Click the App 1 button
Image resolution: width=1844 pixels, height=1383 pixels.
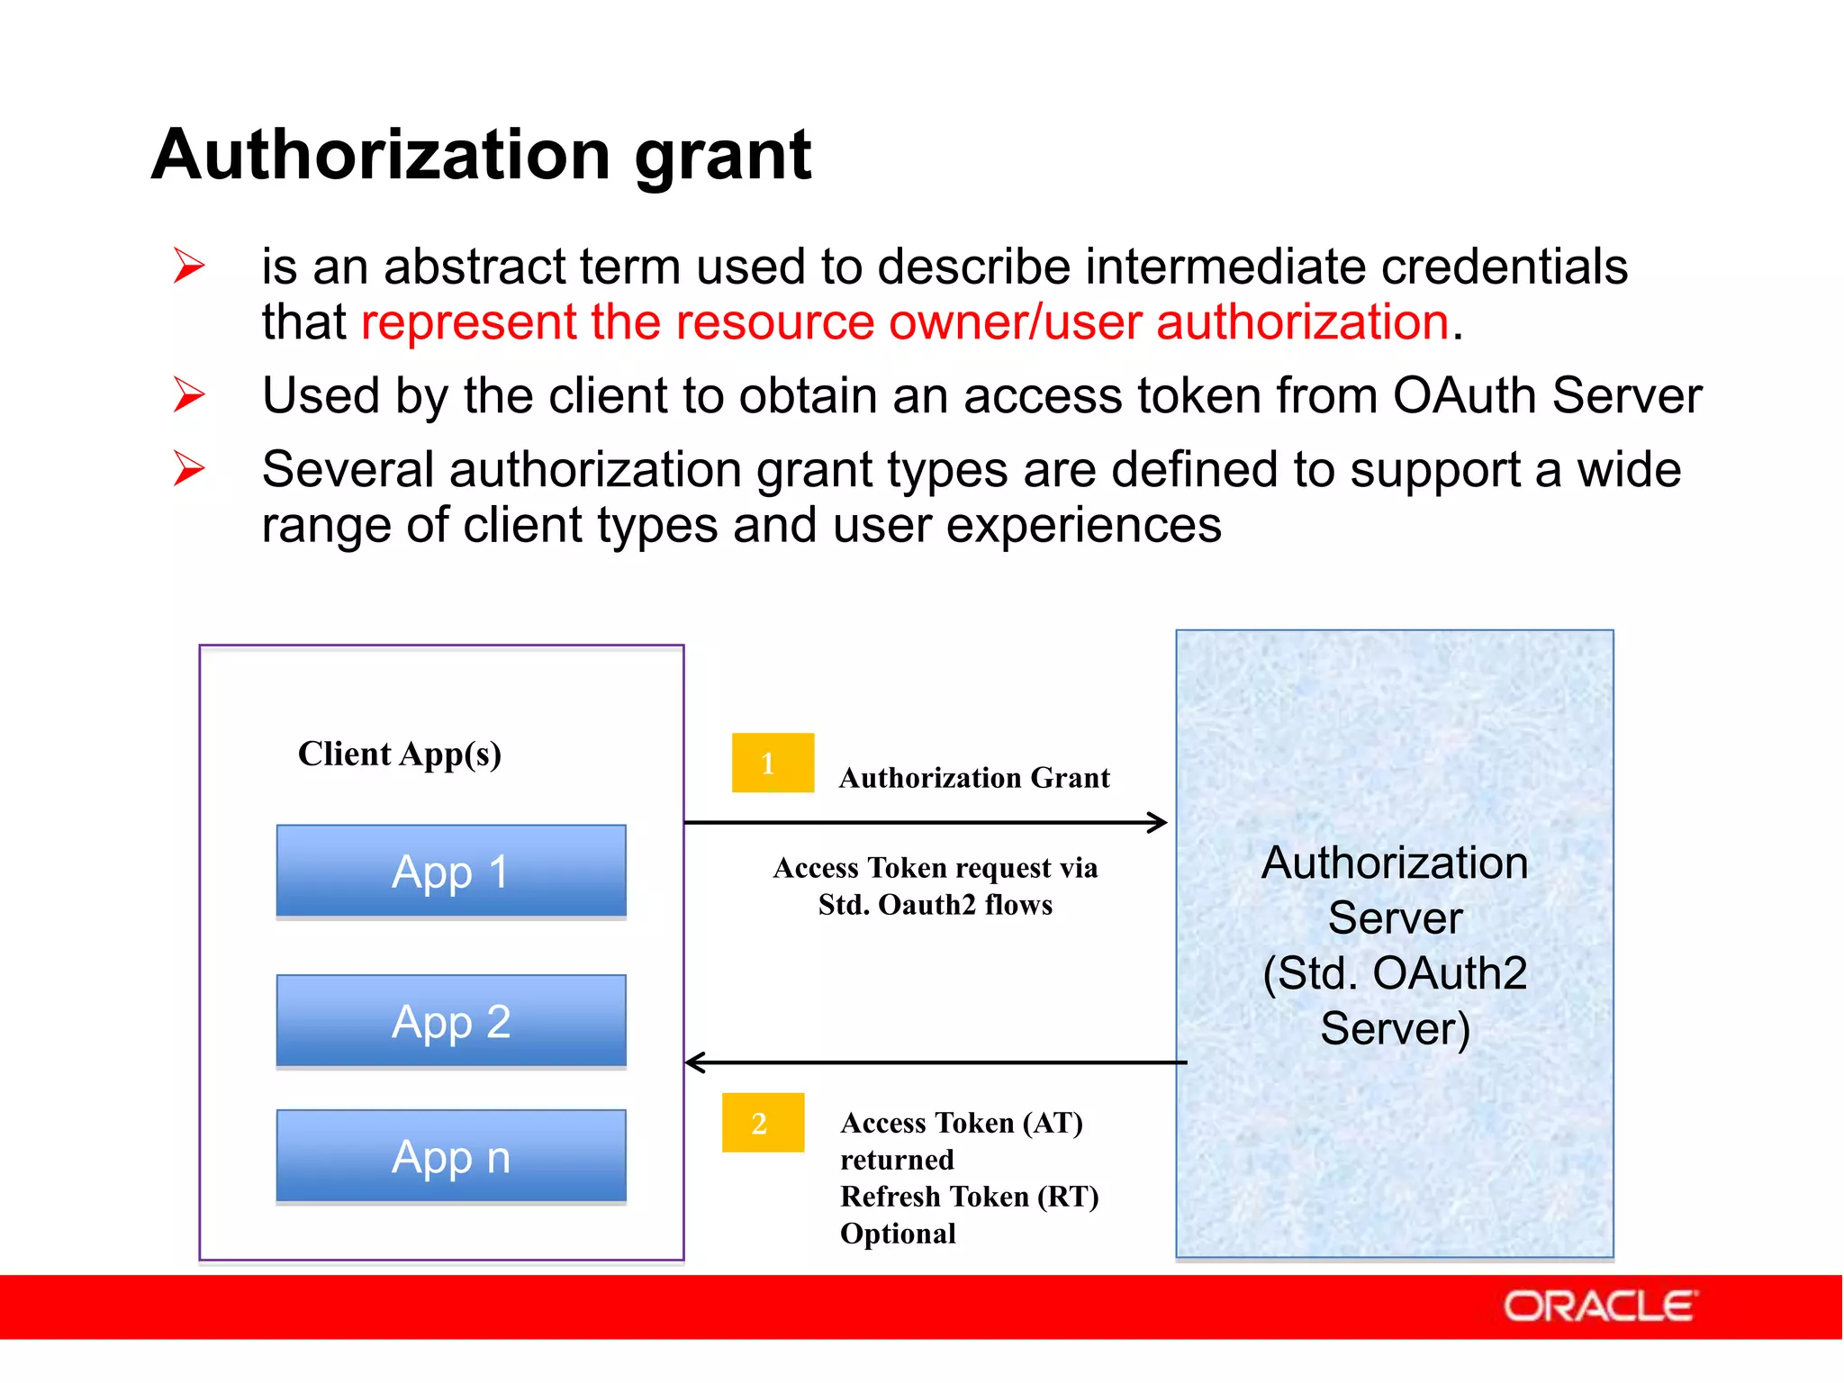pos(451,871)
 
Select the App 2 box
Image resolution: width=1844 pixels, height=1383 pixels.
pos(451,1021)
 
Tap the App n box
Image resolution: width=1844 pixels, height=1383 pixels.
pos(451,1156)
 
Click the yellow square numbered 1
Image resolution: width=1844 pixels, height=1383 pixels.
pos(773,763)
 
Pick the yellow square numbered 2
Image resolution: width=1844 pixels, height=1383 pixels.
pos(763,1123)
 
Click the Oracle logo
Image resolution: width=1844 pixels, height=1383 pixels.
pos(1600,1306)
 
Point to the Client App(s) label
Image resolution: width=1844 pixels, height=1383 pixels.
pos(400,754)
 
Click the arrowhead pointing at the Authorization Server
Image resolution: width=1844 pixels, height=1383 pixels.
pos(1159,822)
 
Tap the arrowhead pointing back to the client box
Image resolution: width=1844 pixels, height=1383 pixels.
pos(694,1062)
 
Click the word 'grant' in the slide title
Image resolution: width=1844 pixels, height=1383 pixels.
pos(723,155)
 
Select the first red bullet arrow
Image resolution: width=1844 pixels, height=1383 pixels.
pos(189,267)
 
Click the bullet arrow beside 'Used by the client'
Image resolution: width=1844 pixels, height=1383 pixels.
pos(189,395)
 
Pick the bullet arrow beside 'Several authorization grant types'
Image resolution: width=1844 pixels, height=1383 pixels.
pos(189,468)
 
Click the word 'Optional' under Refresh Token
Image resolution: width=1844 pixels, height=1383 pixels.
pos(898,1234)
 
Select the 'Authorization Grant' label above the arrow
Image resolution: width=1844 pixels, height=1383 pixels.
pos(974,778)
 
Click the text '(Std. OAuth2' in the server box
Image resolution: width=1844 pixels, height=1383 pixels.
pos(1395,973)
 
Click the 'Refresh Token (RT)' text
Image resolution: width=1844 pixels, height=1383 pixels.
pos(969,1197)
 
